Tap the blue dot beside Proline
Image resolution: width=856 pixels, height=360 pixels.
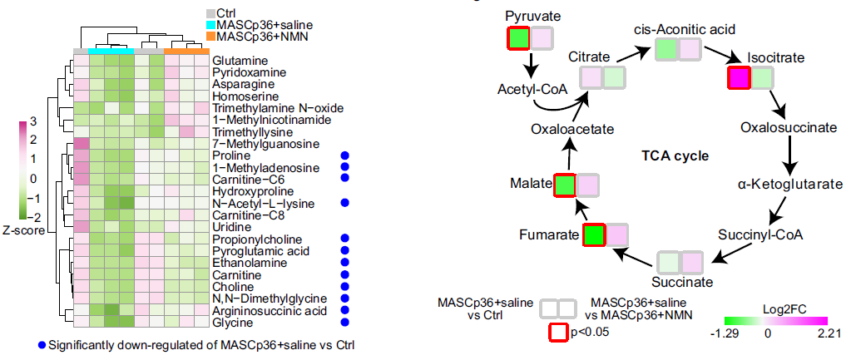344,156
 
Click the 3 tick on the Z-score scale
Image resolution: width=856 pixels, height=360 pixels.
33,122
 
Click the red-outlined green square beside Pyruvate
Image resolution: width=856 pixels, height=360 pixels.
518,38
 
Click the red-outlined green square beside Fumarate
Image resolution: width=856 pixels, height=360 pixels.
593,235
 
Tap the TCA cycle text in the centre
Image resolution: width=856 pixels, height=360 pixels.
675,155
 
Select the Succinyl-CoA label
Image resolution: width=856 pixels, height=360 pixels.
760,235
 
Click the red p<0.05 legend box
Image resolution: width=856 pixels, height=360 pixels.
557,332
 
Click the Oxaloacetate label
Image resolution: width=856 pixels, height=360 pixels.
573,129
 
